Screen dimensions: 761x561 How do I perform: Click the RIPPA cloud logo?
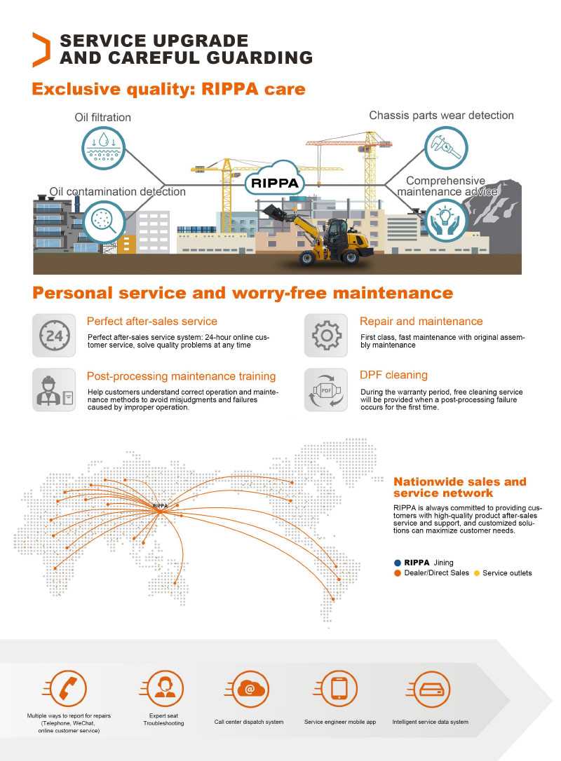pyautogui.click(x=273, y=183)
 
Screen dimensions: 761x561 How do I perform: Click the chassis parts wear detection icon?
pyautogui.click(x=446, y=146)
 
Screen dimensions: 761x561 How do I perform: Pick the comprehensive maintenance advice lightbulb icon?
pyautogui.click(x=446, y=220)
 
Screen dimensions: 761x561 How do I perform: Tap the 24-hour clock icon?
pyautogui.click(x=54, y=336)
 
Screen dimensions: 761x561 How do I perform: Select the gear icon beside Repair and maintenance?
pyautogui.click(x=326, y=336)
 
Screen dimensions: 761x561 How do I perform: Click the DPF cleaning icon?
pyautogui.click(x=326, y=390)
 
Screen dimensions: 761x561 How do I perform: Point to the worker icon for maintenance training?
pyautogui.click(x=54, y=390)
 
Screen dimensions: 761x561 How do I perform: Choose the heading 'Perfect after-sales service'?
pyautogui.click(x=151, y=321)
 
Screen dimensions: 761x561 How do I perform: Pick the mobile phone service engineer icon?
pyautogui.click(x=339, y=688)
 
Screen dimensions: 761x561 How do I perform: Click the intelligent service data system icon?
pyautogui.click(x=430, y=688)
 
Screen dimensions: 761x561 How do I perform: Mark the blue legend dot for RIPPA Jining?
pyautogui.click(x=398, y=563)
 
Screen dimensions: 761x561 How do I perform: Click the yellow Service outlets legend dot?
pyautogui.click(x=477, y=573)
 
